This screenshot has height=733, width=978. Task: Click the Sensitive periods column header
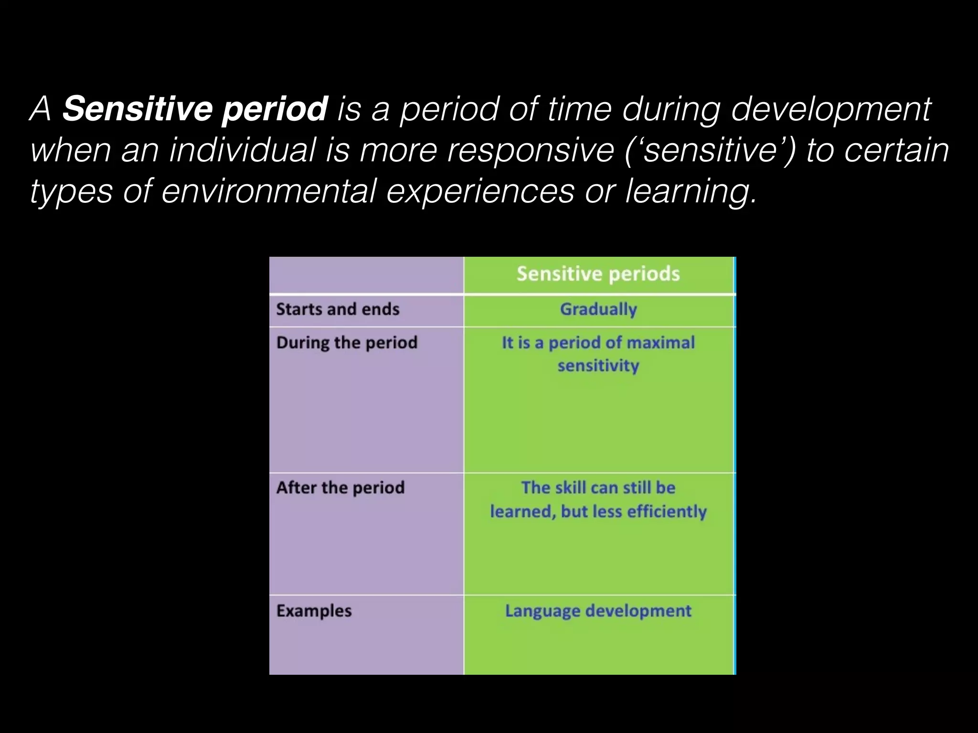coord(598,274)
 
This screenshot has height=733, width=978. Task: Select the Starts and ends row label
coord(338,309)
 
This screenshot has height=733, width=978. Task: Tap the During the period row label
coord(347,343)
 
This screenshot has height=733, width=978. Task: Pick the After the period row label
coord(340,488)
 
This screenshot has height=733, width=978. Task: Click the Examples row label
coord(314,611)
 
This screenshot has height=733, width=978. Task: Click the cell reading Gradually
coord(598,309)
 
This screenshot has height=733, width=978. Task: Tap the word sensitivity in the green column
coord(598,366)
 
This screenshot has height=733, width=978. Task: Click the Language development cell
coord(598,611)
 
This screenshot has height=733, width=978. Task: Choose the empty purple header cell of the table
coord(366,275)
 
